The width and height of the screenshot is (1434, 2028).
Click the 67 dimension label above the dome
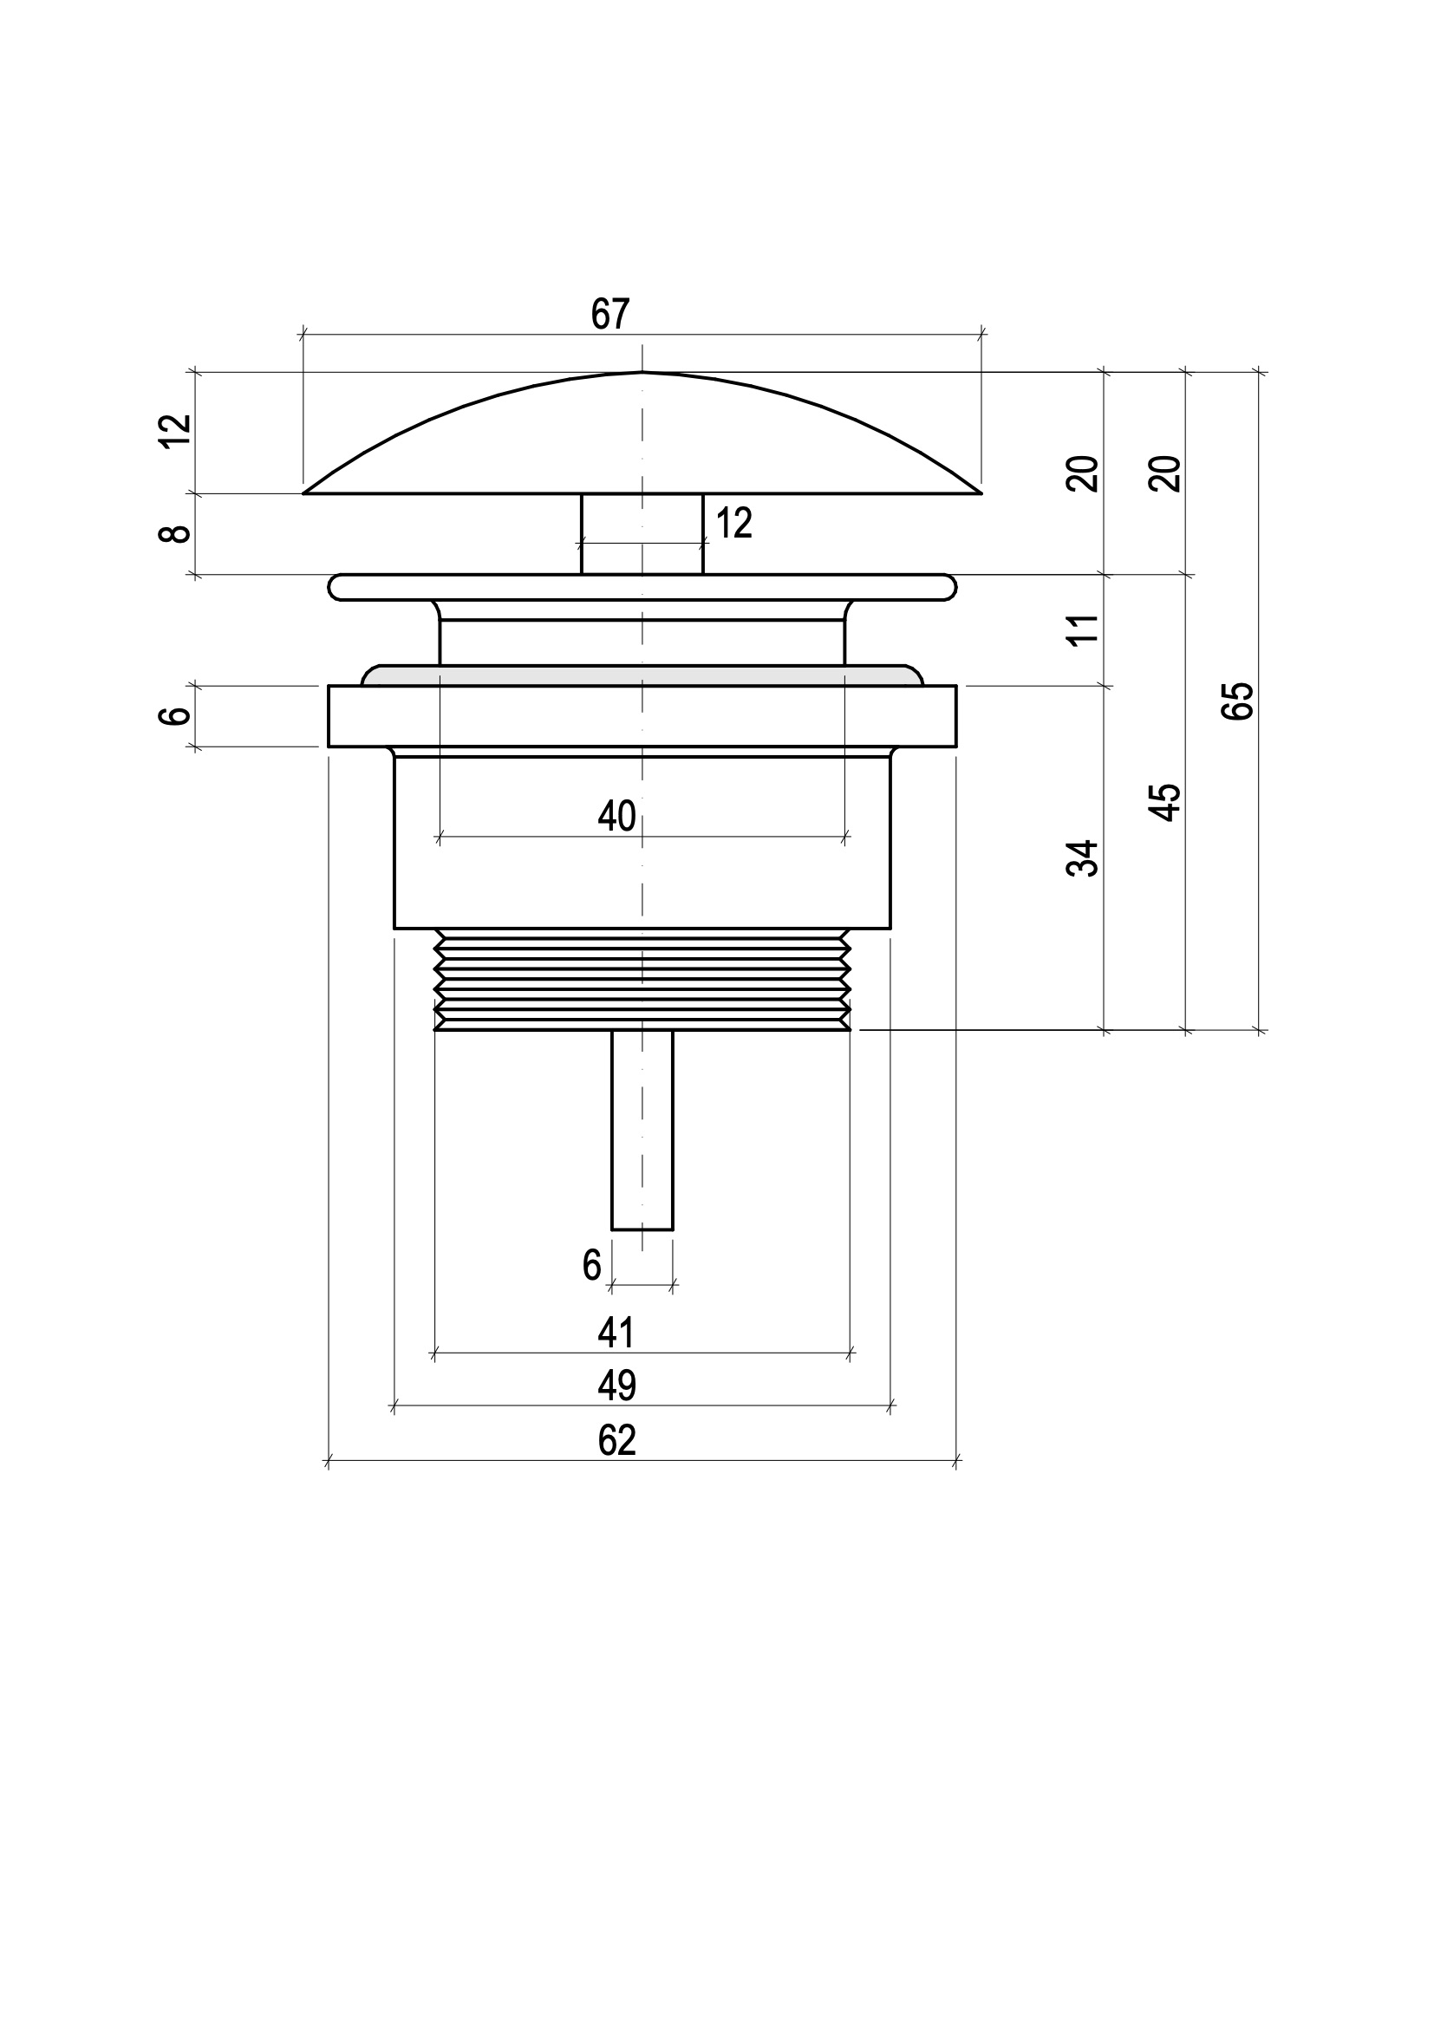610,315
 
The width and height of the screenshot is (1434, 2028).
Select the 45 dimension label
1165,802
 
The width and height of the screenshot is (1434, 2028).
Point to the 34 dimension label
1084,857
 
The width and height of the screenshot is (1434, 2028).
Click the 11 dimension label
1084,629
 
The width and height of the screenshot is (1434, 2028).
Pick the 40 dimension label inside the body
616,816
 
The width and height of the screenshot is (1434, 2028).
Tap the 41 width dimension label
616,1333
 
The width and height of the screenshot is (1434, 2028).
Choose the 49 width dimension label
616,1386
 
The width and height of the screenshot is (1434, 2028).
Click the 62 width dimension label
616,1441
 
